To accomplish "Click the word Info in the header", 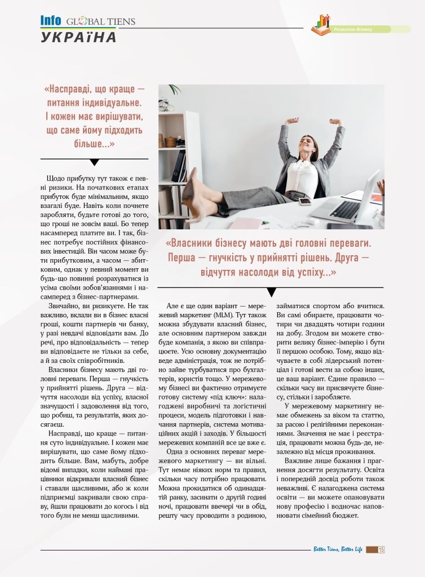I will (x=51, y=21).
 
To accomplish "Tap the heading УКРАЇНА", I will (x=78, y=37).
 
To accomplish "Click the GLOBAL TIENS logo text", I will (x=101, y=22).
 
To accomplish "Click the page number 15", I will (x=382, y=549).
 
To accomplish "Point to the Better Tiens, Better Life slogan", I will (x=338, y=549).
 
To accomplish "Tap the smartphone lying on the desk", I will (x=305, y=201).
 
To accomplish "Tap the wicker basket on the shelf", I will (x=170, y=141).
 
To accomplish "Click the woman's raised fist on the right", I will (x=335, y=121).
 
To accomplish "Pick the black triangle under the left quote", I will (x=94, y=162).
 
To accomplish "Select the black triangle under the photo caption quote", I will (x=271, y=291).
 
